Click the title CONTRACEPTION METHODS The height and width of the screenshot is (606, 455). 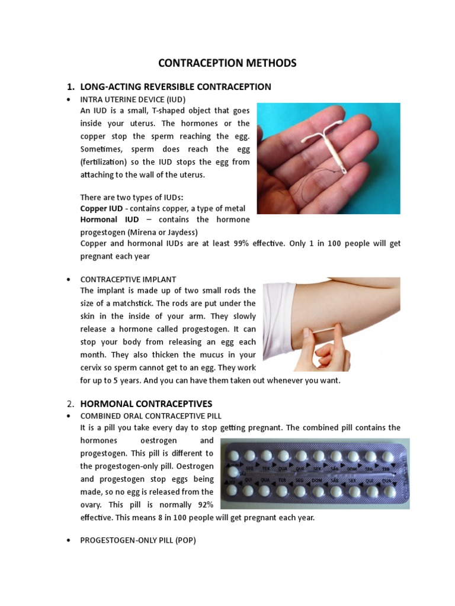click(227, 63)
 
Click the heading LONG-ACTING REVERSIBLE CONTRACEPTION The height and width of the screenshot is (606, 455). click(175, 86)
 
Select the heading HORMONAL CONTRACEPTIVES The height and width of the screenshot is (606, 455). click(146, 404)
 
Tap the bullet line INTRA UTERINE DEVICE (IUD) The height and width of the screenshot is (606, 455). click(137, 99)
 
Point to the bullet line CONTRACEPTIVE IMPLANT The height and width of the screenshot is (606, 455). click(128, 279)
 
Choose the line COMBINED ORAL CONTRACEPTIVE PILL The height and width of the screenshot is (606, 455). click(151, 416)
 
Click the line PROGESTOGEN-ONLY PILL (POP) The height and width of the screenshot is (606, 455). click(138, 541)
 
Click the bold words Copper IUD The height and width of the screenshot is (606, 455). click(101, 208)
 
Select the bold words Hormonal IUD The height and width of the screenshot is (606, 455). click(106, 220)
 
